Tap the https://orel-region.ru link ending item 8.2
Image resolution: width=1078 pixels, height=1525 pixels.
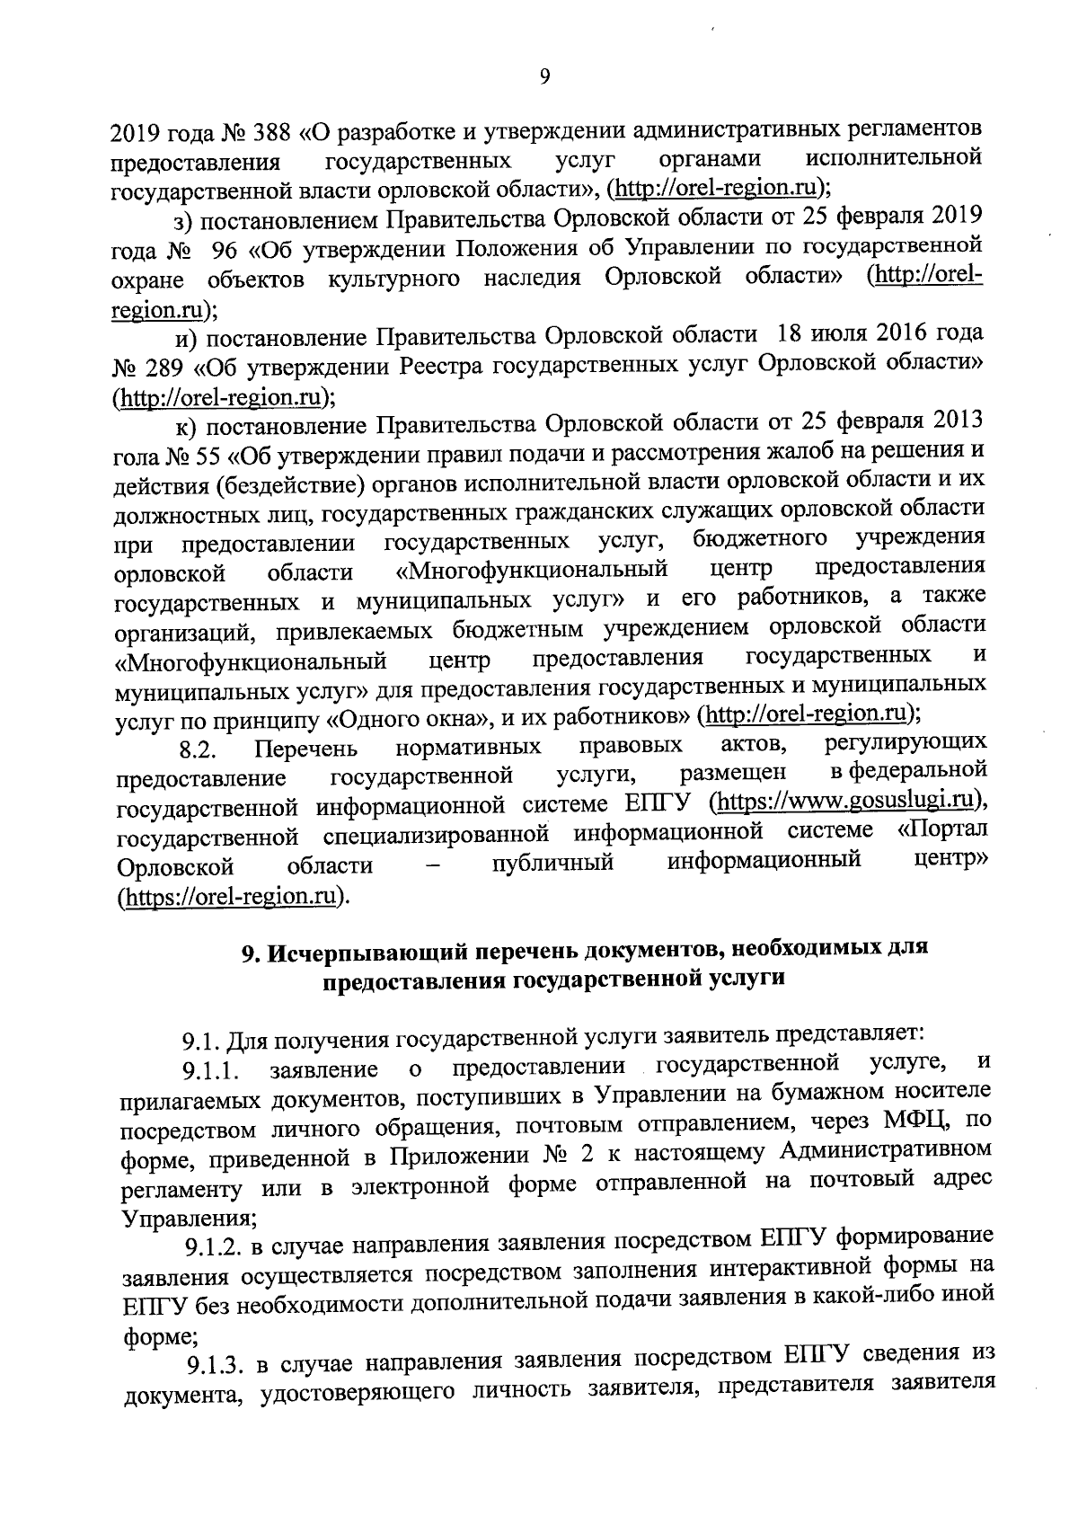click(231, 897)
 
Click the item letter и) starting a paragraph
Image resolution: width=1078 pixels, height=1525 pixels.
click(186, 338)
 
